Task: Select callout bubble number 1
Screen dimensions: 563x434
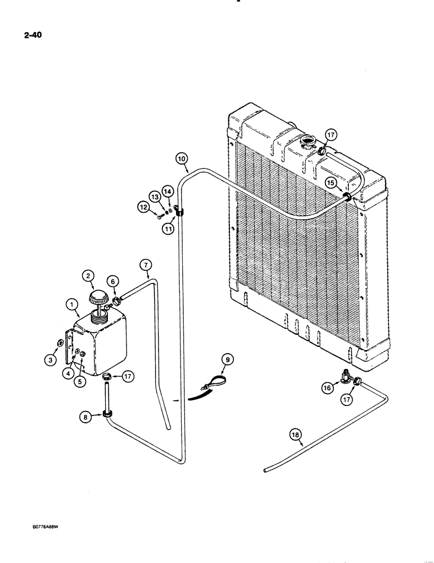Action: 71,306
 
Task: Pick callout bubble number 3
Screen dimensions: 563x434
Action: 50,359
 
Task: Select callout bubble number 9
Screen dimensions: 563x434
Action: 228,358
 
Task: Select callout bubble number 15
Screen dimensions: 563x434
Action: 331,183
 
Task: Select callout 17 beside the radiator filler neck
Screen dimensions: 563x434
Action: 331,135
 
